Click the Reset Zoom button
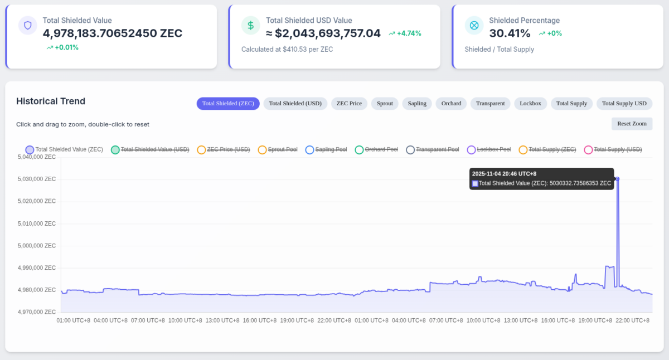point(632,124)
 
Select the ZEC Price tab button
point(349,104)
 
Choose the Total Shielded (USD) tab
point(295,104)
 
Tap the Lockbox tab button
point(530,104)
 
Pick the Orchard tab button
point(451,104)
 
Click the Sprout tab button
point(385,104)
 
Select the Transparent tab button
point(490,104)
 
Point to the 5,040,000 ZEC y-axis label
point(37,157)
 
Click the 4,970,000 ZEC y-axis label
point(37,312)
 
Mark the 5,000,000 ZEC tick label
point(37,246)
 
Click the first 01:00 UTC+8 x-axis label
point(73,320)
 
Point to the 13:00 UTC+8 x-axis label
point(222,320)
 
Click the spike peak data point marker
point(617,179)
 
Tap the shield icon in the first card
point(28,26)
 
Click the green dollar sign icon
point(251,26)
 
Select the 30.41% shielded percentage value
point(510,33)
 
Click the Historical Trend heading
point(51,101)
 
